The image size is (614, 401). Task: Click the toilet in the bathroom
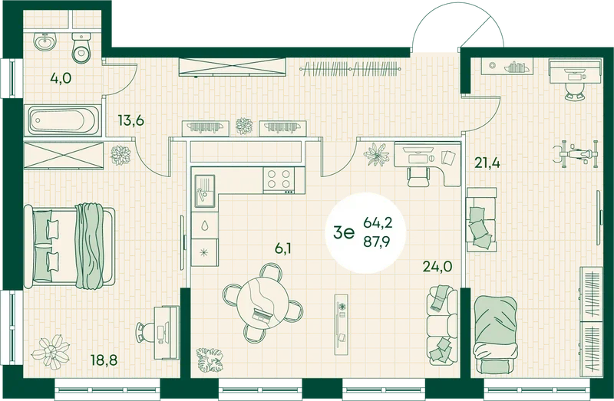(x=82, y=48)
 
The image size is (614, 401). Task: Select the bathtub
(x=63, y=120)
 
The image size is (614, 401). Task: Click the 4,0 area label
(x=61, y=79)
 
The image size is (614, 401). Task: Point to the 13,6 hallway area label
(x=130, y=120)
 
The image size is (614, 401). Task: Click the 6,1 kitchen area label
(x=283, y=248)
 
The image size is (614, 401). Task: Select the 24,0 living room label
(x=437, y=267)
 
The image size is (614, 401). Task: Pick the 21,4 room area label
(x=487, y=162)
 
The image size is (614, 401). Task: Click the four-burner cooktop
(x=279, y=180)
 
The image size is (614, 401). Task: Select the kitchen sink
(x=205, y=191)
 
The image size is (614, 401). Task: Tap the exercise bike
(x=576, y=153)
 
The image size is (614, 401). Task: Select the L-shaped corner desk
(x=427, y=164)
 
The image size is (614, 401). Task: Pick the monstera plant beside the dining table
(x=210, y=360)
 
